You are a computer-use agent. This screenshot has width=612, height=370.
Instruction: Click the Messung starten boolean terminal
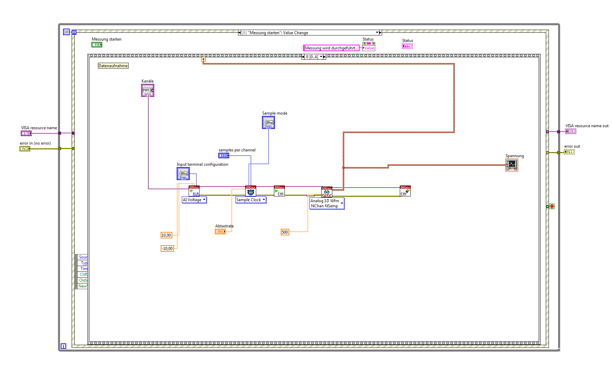[x=97, y=45]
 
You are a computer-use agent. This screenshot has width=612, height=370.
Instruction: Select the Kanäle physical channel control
[x=148, y=91]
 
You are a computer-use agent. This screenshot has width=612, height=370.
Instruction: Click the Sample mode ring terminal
[x=268, y=122]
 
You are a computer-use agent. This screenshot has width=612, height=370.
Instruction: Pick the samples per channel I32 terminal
[x=224, y=156]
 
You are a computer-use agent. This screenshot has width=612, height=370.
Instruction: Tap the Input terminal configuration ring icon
[x=183, y=174]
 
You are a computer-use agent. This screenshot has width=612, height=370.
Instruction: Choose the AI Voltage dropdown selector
[x=194, y=200]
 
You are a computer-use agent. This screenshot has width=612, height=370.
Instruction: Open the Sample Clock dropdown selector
[x=251, y=200]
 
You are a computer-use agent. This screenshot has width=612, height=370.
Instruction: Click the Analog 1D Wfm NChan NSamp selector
[x=327, y=204]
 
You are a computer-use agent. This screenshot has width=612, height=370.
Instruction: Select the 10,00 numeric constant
[x=166, y=235]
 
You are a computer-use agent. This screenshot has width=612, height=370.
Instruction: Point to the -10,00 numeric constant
[x=167, y=249]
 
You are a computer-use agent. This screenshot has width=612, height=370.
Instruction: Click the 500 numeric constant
[x=285, y=232]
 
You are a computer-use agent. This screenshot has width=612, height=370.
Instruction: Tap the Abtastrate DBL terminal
[x=220, y=232]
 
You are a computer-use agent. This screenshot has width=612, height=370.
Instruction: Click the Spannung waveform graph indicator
[x=511, y=165]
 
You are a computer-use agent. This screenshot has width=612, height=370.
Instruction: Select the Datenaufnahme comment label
[x=113, y=66]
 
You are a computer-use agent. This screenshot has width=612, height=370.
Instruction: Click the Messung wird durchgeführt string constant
[x=331, y=48]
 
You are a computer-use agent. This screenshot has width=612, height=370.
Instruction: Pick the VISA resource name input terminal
[x=26, y=133]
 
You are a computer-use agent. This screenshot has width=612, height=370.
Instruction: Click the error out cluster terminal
[x=569, y=152]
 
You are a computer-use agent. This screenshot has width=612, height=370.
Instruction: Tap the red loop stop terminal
[x=552, y=206]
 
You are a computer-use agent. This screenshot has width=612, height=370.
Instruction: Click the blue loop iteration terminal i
[x=63, y=346]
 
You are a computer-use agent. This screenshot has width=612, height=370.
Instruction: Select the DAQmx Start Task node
[x=279, y=191]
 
